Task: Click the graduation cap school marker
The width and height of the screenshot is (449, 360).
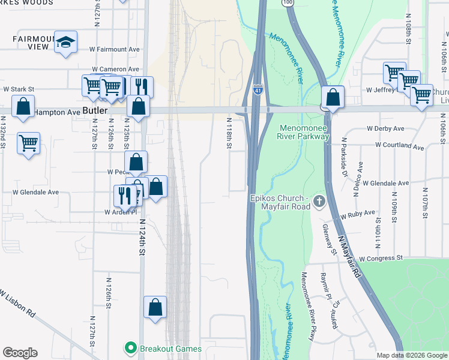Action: click(66, 42)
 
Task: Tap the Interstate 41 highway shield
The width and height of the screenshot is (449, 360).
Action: click(258, 90)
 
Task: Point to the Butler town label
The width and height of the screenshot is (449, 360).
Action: click(95, 112)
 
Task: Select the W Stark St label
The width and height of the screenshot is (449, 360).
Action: click(19, 89)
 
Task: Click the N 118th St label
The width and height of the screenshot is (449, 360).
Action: click(229, 133)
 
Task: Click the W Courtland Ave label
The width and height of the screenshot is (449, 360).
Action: click(399, 145)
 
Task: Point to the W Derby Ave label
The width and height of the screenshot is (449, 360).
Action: click(386, 129)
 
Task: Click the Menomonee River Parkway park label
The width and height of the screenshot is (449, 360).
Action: click(304, 132)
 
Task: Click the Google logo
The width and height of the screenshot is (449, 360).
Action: click(20, 353)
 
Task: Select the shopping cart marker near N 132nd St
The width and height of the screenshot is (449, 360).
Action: click(29, 143)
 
